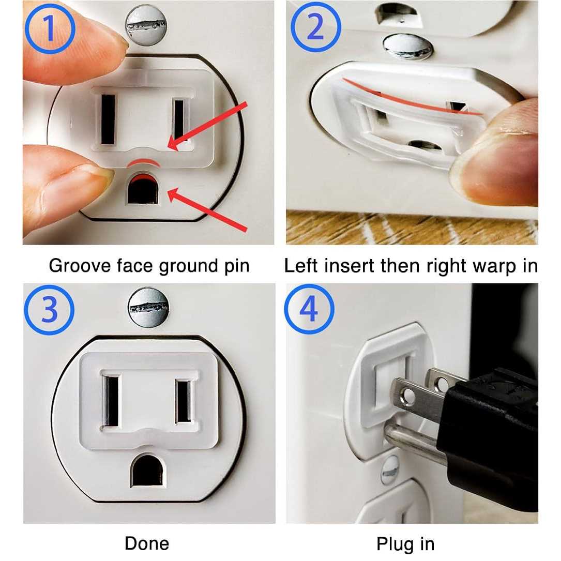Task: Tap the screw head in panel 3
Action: pyautogui.click(x=148, y=307)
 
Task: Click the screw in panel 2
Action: pyautogui.click(x=407, y=47)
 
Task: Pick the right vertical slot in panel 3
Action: pyautogui.click(x=183, y=401)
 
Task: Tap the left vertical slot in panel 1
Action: pyautogui.click(x=108, y=119)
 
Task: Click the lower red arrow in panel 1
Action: pyautogui.click(x=207, y=210)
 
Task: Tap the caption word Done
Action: pyautogui.click(x=147, y=543)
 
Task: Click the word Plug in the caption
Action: pyautogui.click(x=395, y=544)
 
